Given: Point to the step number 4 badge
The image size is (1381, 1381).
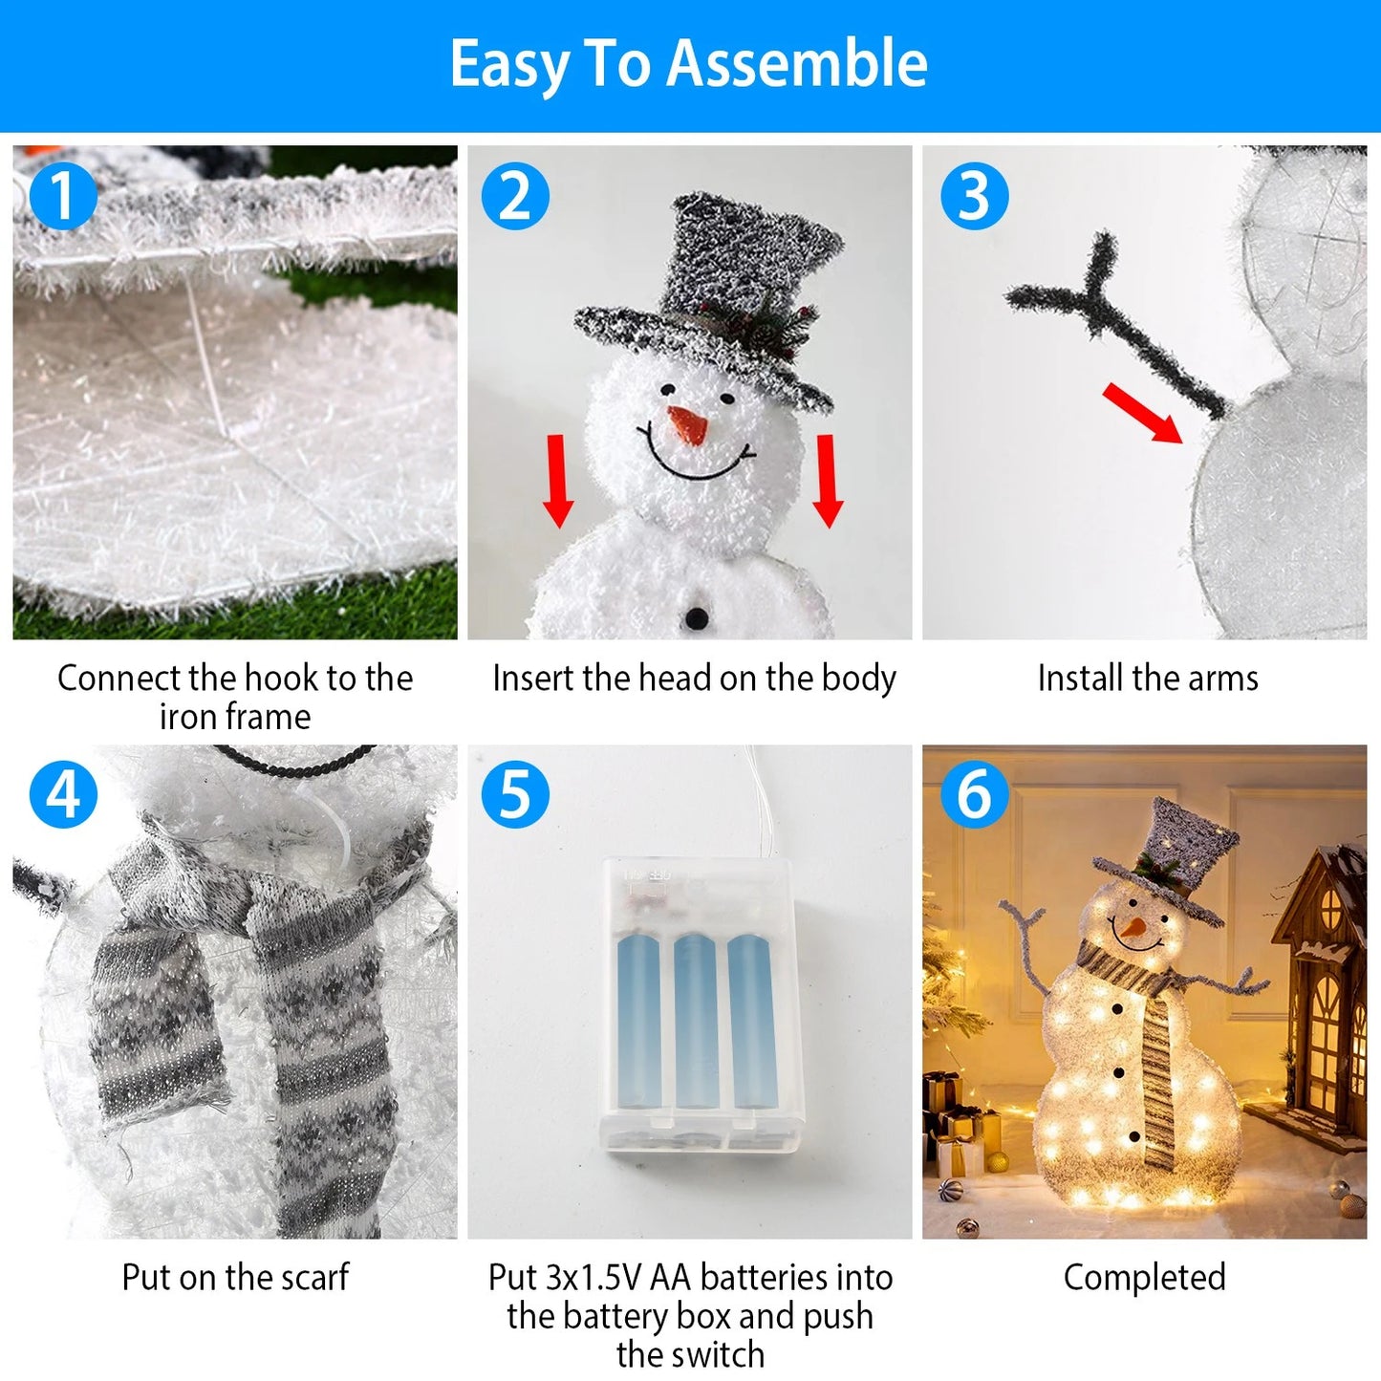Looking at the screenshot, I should pyautogui.click(x=63, y=794).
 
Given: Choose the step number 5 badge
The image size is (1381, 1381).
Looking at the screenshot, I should pyautogui.click(x=515, y=794).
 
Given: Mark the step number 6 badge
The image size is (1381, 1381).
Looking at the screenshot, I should pyautogui.click(x=974, y=794).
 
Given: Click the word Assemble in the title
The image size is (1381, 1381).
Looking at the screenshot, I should pyautogui.click(x=797, y=64).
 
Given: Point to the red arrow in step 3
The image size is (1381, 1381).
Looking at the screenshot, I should pyautogui.click(x=1143, y=413).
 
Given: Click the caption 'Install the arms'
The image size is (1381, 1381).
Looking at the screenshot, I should pyautogui.click(x=1147, y=679).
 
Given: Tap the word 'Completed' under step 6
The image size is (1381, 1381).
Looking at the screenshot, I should pyautogui.click(x=1144, y=1277).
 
